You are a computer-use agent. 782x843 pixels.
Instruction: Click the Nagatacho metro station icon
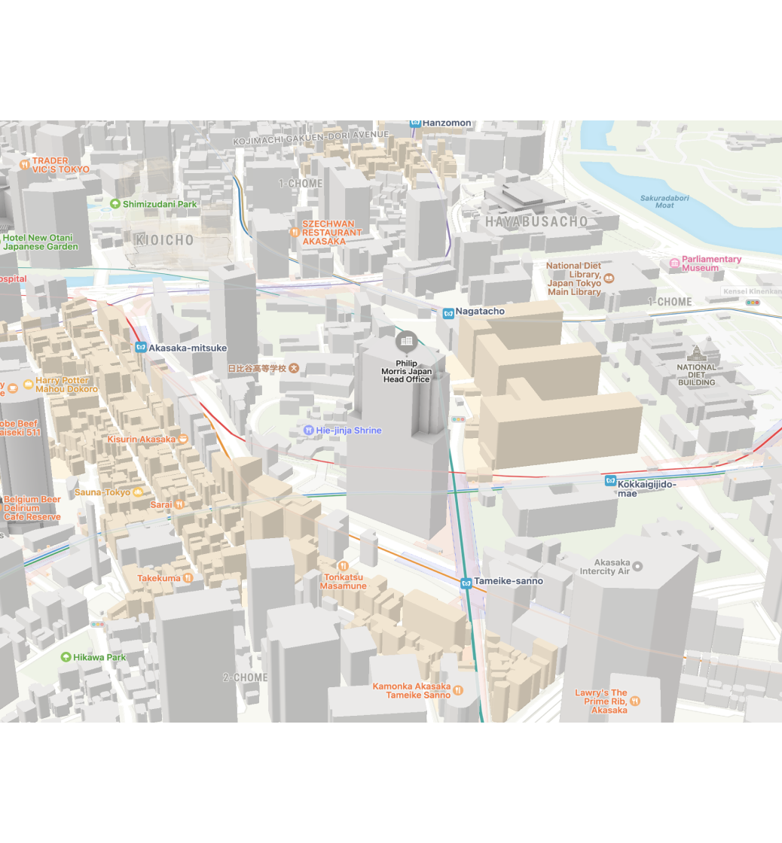click(448, 312)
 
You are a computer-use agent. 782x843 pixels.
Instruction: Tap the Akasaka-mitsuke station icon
click(140, 348)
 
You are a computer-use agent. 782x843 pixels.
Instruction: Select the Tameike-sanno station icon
click(466, 582)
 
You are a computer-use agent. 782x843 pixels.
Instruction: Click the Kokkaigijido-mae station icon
click(610, 481)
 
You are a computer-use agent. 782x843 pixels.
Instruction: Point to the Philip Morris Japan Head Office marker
click(407, 342)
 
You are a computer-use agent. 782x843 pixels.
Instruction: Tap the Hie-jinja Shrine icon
click(309, 431)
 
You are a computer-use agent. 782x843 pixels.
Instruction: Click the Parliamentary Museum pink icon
click(674, 263)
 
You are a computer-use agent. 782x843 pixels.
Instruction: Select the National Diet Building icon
click(696, 353)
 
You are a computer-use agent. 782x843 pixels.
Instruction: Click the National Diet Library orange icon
click(609, 278)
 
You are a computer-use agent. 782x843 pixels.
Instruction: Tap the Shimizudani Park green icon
click(115, 204)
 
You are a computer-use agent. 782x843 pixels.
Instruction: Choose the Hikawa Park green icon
click(66, 657)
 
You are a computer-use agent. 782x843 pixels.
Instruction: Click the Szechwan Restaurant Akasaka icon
click(295, 232)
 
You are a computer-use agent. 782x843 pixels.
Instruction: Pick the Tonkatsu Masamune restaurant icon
click(344, 565)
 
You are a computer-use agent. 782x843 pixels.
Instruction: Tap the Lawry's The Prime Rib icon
click(635, 701)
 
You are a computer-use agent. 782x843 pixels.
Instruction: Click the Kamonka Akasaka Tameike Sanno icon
click(458, 690)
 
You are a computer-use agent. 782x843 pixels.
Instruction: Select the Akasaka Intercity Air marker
click(637, 566)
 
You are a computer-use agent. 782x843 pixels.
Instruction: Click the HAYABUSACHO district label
click(536, 222)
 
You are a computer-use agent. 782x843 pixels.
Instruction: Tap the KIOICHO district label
click(164, 240)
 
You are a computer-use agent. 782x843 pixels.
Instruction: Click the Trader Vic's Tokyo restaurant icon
click(25, 164)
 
